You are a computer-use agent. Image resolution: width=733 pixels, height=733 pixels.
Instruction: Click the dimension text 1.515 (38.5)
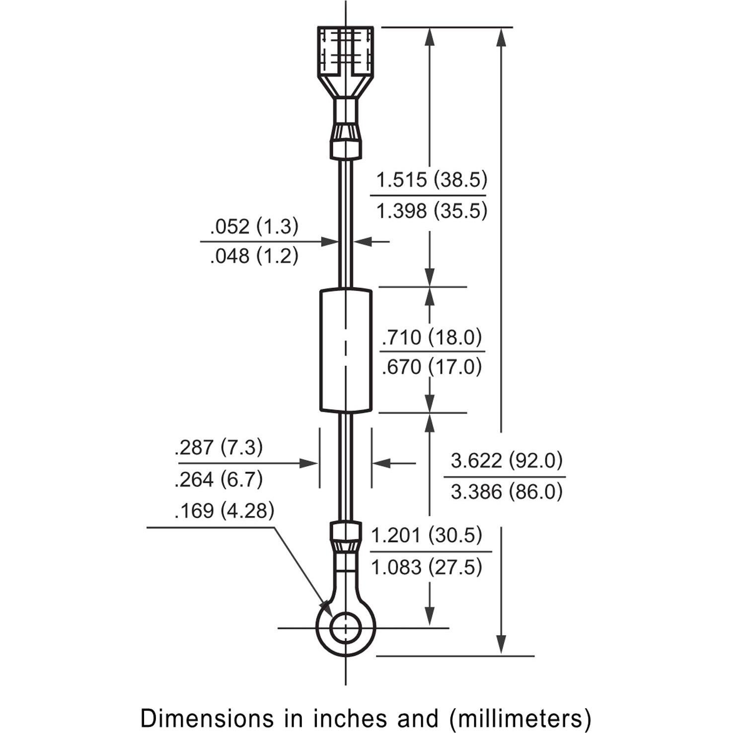point(431,179)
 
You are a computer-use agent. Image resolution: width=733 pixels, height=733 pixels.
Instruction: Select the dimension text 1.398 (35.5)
point(431,211)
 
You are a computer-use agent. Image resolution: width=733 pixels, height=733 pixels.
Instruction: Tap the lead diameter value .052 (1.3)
point(254,226)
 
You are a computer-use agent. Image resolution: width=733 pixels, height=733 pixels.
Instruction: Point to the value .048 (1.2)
point(254,256)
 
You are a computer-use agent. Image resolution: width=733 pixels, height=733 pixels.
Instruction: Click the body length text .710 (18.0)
point(432,337)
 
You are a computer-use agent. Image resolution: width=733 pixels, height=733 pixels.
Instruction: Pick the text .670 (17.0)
point(432,367)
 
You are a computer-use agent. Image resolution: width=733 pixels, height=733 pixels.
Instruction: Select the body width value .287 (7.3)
point(219,447)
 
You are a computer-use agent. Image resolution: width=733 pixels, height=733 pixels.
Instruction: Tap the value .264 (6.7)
point(219,479)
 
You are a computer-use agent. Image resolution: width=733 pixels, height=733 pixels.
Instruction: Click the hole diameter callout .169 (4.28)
point(224,511)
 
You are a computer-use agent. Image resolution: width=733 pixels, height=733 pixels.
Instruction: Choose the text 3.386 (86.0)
point(507,492)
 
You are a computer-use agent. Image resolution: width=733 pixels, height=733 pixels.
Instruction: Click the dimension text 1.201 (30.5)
point(427,535)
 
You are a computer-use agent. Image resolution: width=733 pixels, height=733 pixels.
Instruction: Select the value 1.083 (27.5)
point(427,567)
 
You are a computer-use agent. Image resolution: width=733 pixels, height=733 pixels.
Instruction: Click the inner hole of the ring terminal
point(346,628)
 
